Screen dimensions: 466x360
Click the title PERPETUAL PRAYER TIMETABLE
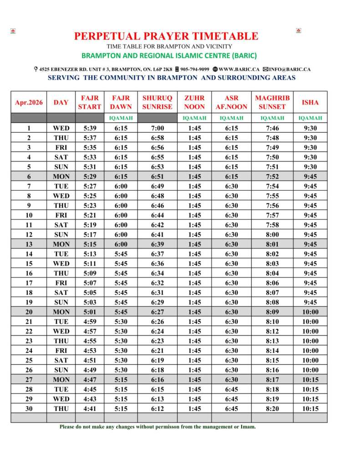pyautogui.click(x=166, y=36)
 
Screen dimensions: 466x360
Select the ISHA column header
pyautogui.click(x=310, y=102)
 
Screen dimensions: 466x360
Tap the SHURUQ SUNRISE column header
pyautogui.click(x=157, y=102)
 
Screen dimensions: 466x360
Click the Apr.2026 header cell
pyautogui.click(x=29, y=102)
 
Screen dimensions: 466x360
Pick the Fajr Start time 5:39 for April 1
pyautogui.click(x=89, y=128)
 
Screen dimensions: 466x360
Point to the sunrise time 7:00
pyautogui.click(x=157, y=128)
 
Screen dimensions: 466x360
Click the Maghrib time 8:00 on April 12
pyautogui.click(x=272, y=234)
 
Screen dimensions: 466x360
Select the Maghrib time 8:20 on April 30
pyautogui.click(x=272, y=409)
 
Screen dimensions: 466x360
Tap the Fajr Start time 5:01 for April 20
pyautogui.click(x=89, y=312)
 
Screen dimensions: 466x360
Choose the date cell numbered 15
pyautogui.click(x=29, y=263)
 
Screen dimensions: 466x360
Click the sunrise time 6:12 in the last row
pyautogui.click(x=157, y=409)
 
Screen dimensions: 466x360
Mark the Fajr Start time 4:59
pyautogui.click(x=89, y=322)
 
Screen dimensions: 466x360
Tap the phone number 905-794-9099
pyautogui.click(x=194, y=69)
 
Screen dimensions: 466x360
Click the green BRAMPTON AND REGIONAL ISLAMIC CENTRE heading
pyautogui.click(x=169, y=56)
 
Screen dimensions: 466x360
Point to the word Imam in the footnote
pyautogui.click(x=248, y=427)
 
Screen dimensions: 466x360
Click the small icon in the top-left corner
pyautogui.click(x=13, y=31)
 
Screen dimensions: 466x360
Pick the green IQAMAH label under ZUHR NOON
pyautogui.click(x=194, y=118)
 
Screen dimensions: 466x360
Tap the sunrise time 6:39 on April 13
pyautogui.click(x=157, y=244)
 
